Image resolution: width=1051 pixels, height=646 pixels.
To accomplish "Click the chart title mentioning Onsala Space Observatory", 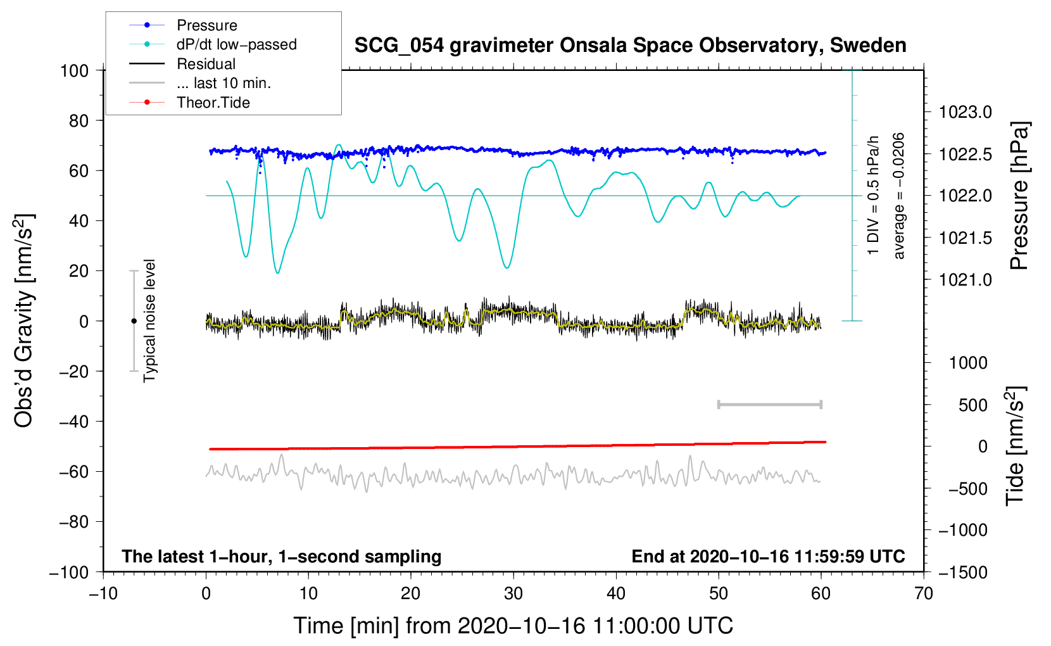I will pyautogui.click(x=630, y=46).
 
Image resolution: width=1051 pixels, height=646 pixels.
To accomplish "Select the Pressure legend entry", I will pyautogui.click(x=206, y=25).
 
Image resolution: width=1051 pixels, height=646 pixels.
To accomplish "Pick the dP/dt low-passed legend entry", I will pyautogui.click(x=236, y=44).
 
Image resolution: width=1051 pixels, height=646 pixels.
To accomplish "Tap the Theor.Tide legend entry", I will pyautogui.click(x=213, y=103).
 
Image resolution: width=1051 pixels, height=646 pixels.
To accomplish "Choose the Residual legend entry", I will pyautogui.click(x=206, y=64).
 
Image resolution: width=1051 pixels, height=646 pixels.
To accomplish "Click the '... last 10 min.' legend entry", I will pyautogui.click(x=223, y=83).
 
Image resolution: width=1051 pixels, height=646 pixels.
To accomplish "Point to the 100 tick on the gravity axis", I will pyautogui.click(x=74, y=70).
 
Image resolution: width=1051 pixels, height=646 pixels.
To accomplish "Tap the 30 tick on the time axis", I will pyautogui.click(x=513, y=593).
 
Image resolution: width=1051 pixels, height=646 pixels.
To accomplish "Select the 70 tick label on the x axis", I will pyautogui.click(x=924, y=593).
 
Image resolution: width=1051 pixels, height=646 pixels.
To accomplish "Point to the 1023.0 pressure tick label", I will pyautogui.click(x=965, y=112).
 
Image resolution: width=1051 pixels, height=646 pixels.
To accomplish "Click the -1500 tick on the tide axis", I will pyautogui.click(x=963, y=572).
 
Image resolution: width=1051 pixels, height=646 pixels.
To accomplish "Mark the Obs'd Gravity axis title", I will pyautogui.click(x=24, y=321).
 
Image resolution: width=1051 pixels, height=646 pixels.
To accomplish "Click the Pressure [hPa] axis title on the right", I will pyautogui.click(x=1019, y=196).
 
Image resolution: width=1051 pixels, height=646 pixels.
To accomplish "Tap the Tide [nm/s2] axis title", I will pyautogui.click(x=1016, y=446).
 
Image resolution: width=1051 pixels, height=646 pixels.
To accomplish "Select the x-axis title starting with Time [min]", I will pyautogui.click(x=513, y=626).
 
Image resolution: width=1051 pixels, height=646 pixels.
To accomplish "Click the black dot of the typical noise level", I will pyautogui.click(x=134, y=321).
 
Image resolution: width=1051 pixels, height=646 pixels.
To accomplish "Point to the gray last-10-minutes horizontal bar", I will pyautogui.click(x=769, y=404).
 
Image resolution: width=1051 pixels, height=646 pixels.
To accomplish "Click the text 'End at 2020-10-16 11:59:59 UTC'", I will pyautogui.click(x=768, y=556).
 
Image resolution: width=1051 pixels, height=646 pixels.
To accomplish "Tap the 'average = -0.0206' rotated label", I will pyautogui.click(x=899, y=196).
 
